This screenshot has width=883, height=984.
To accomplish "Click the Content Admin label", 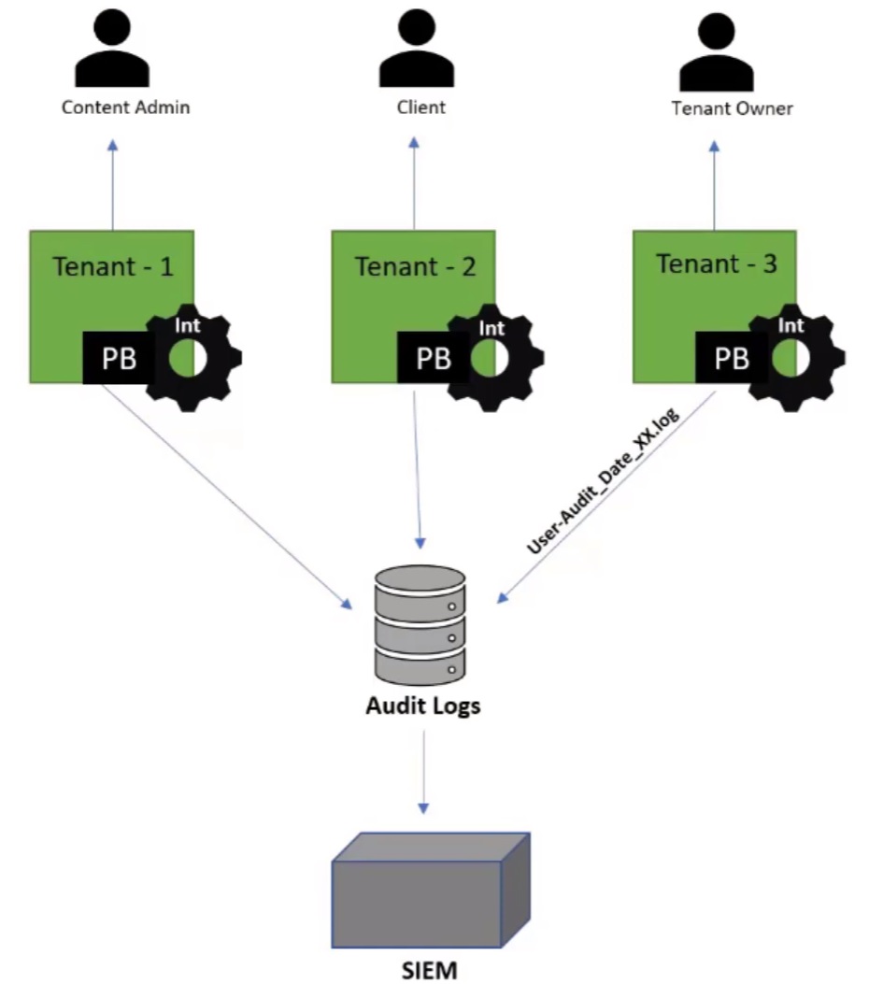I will pyautogui.click(x=126, y=107).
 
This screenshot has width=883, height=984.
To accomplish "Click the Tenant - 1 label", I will pyautogui.click(x=113, y=267).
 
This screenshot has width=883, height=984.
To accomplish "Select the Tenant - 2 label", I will pyautogui.click(x=415, y=267).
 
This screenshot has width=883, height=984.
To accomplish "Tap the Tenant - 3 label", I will pyautogui.click(x=717, y=264).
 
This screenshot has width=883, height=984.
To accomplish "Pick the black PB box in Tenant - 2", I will pyautogui.click(x=433, y=359).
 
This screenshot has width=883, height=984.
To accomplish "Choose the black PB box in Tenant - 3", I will pyautogui.click(x=733, y=358).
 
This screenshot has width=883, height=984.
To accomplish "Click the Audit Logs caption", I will pyautogui.click(x=422, y=706).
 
